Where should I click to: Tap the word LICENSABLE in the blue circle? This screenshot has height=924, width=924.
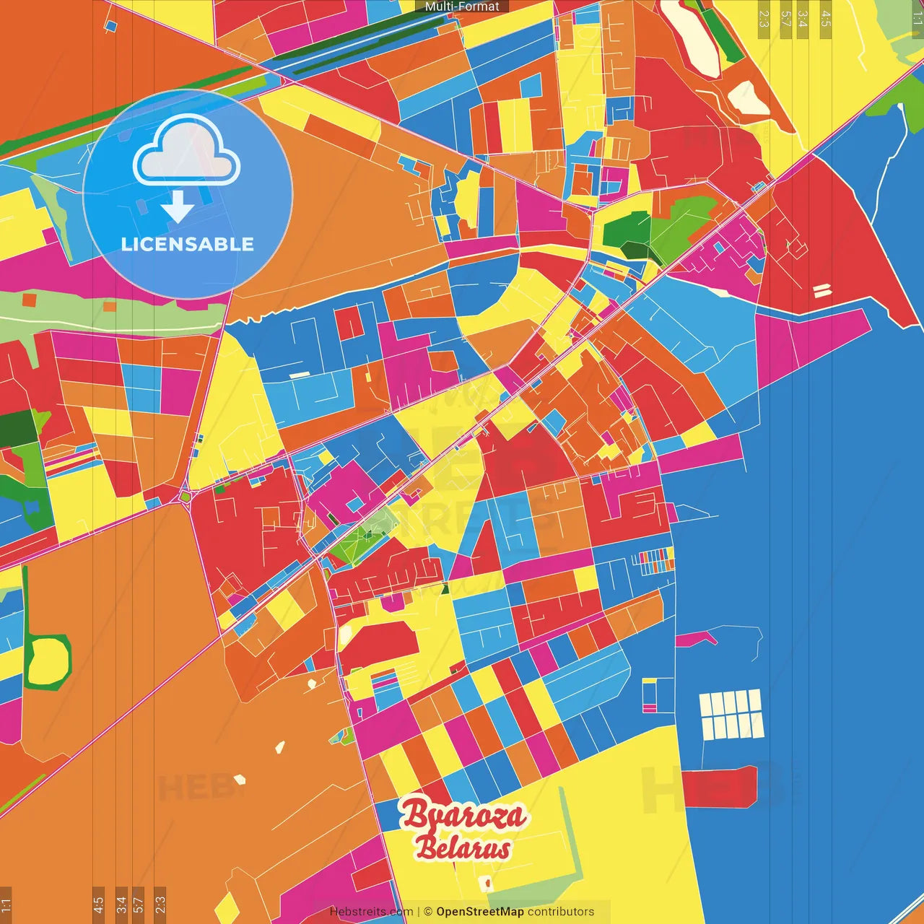(x=187, y=245)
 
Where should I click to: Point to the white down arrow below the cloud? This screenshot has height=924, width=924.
(x=178, y=207)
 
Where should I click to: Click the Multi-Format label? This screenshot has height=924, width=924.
(x=462, y=6)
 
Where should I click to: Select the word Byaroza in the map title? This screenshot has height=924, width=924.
(x=463, y=815)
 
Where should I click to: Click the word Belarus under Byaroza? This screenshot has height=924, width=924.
(x=463, y=848)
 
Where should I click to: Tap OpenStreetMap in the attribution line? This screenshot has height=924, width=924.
(x=480, y=912)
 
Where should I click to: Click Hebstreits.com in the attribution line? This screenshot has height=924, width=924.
(x=371, y=912)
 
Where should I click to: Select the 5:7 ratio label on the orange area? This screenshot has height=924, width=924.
(x=139, y=904)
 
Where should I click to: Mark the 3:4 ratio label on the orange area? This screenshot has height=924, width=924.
(x=121, y=904)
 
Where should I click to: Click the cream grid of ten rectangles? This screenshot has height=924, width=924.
(x=731, y=714)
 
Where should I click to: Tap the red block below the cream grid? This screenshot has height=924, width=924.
(x=719, y=788)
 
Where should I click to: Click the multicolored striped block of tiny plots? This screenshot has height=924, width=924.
(x=656, y=560)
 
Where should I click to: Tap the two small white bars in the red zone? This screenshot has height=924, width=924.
(x=821, y=291)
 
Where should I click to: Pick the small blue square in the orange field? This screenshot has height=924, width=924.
(x=110, y=26)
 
